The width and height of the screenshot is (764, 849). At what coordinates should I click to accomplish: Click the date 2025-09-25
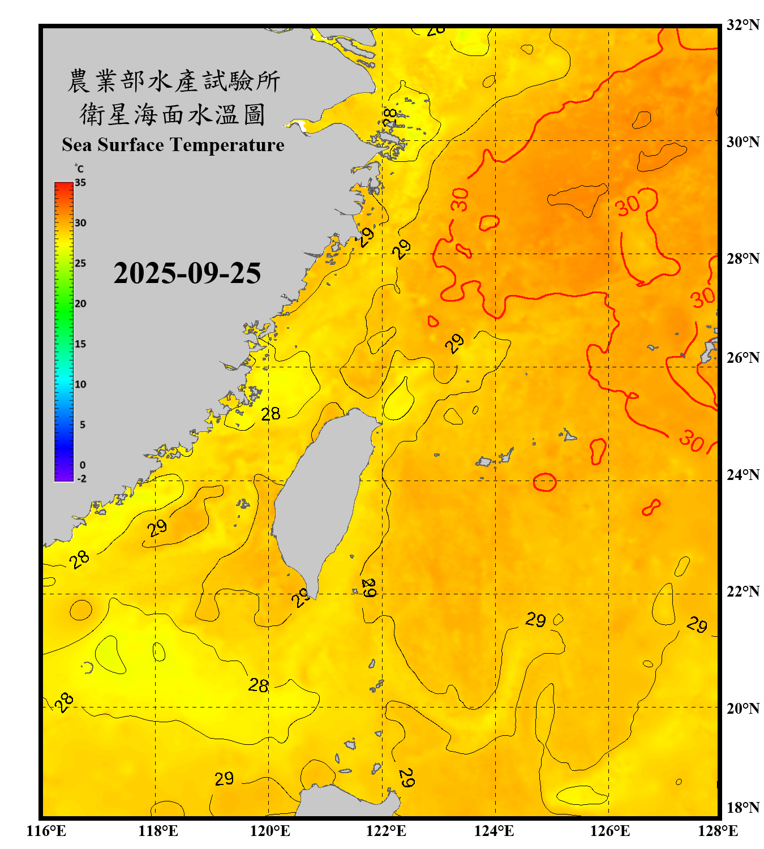click(187, 273)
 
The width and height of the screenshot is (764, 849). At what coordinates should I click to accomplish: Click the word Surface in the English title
click(131, 145)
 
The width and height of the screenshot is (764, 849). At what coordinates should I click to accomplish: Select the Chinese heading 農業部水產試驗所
click(174, 81)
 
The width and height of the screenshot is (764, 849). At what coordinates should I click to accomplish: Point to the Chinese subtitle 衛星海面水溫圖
click(173, 114)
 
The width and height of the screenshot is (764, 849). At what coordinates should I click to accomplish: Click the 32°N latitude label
click(742, 25)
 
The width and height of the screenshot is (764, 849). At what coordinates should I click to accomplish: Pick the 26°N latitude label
click(742, 358)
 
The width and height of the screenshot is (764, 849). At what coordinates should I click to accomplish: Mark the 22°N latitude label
click(742, 591)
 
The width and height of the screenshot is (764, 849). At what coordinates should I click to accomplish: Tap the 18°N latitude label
click(742, 808)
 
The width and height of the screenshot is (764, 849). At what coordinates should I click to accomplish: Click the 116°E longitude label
click(46, 831)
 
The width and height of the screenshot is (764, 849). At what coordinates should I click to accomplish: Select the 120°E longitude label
click(270, 831)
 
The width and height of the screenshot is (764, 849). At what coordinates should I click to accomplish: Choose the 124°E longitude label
click(494, 831)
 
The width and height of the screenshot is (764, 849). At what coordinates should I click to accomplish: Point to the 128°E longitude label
click(718, 831)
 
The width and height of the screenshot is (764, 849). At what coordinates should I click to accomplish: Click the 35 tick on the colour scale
click(80, 183)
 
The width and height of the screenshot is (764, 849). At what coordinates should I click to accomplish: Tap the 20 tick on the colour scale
click(80, 304)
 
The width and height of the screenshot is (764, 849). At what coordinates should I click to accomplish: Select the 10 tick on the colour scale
click(80, 384)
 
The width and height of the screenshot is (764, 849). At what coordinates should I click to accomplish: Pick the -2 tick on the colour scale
click(81, 479)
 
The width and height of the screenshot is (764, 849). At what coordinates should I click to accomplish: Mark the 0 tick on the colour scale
click(83, 465)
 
